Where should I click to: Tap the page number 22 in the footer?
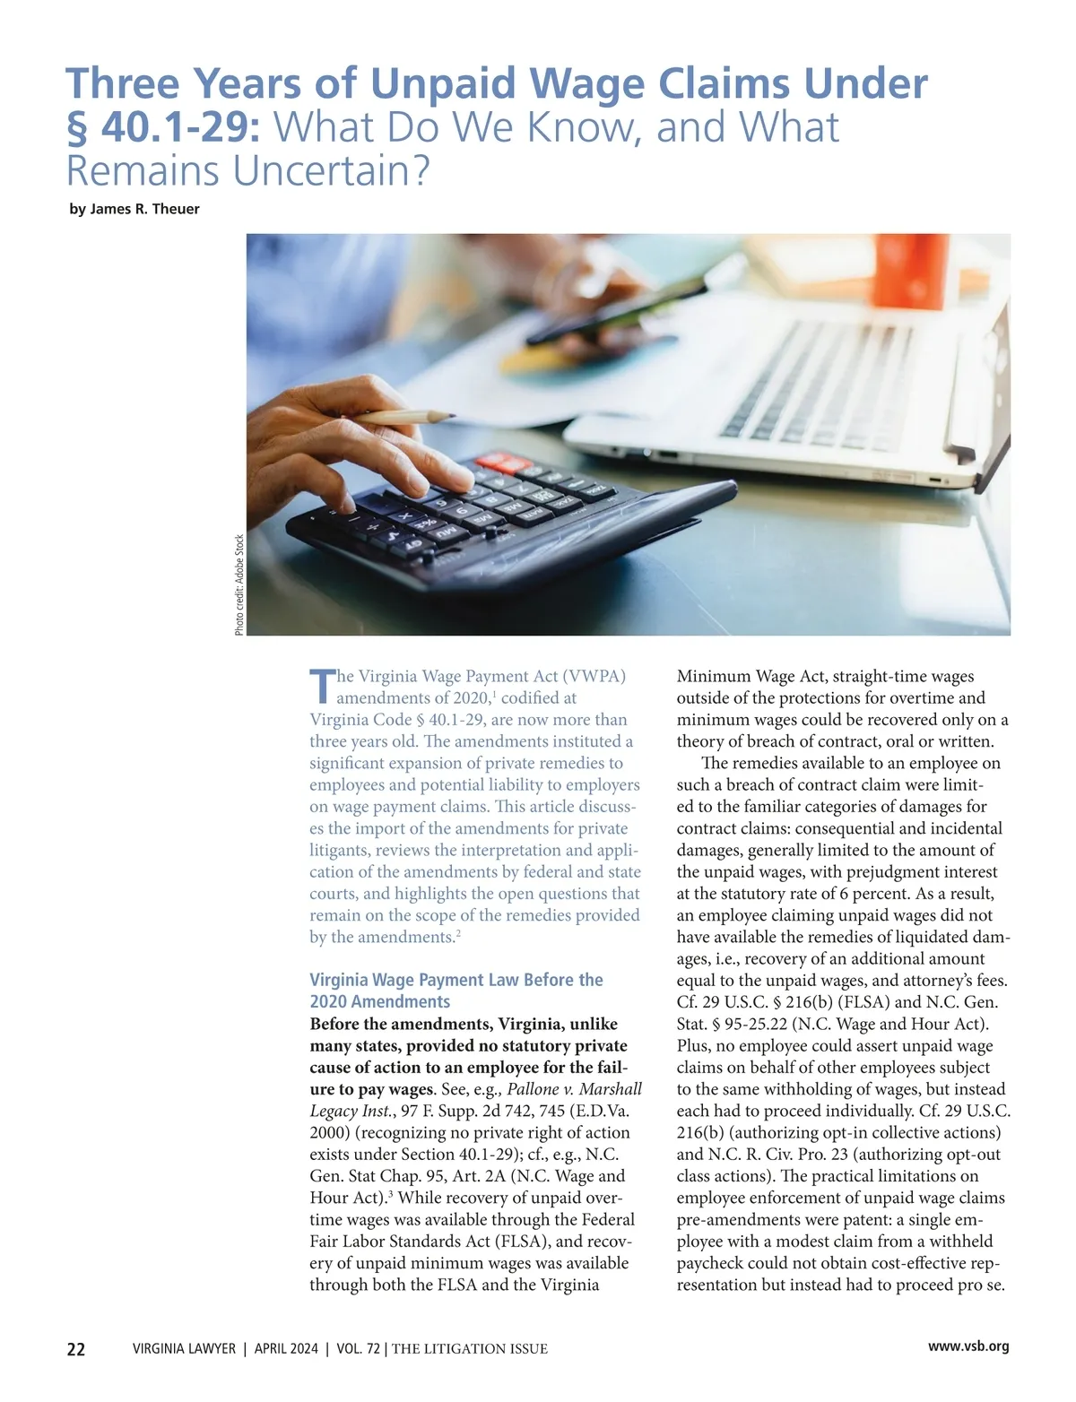(76, 1349)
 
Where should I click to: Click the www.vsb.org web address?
(968, 1346)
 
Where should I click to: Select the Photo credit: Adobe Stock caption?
(239, 584)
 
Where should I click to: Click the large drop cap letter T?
(321, 688)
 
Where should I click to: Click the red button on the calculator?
(504, 463)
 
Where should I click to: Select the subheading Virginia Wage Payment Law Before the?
(456, 980)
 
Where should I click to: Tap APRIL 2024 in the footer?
(286, 1349)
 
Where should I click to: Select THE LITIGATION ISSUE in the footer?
(470, 1349)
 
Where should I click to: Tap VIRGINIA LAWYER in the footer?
(184, 1349)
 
